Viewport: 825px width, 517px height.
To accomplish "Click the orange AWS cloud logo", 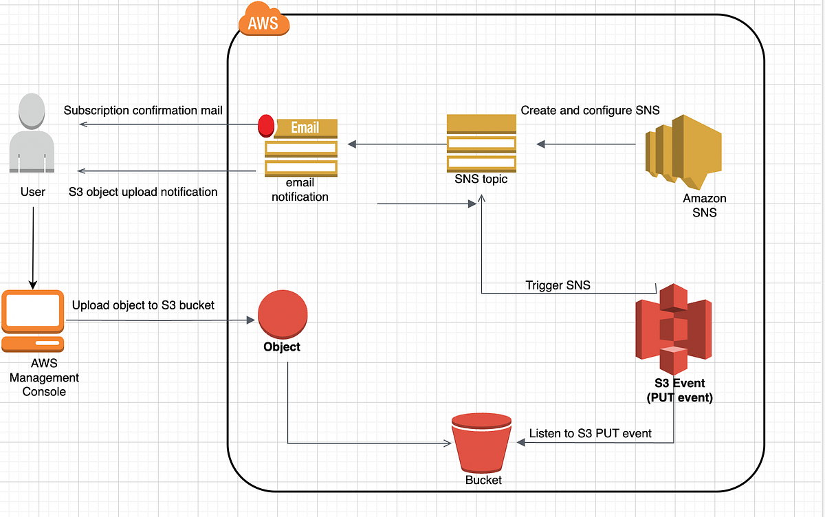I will pos(264,23).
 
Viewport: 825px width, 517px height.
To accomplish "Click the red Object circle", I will pos(282,313).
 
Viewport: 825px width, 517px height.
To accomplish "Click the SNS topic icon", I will pos(481,143).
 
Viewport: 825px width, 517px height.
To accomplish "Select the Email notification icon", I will pos(300,147).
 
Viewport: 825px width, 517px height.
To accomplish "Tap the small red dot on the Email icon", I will pos(265,125).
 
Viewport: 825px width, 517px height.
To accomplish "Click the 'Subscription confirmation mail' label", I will pos(143,111).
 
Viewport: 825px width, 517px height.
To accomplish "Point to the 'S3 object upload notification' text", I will pos(143,192).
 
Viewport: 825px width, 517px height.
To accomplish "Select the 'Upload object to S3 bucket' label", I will pos(143,305).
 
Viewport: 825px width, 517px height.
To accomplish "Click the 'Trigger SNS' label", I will pos(558,285).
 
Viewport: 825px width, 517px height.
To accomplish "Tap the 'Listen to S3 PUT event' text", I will pos(591,433).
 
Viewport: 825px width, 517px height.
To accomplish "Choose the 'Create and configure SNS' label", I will pos(590,110).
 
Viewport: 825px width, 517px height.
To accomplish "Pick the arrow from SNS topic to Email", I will pos(397,144).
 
